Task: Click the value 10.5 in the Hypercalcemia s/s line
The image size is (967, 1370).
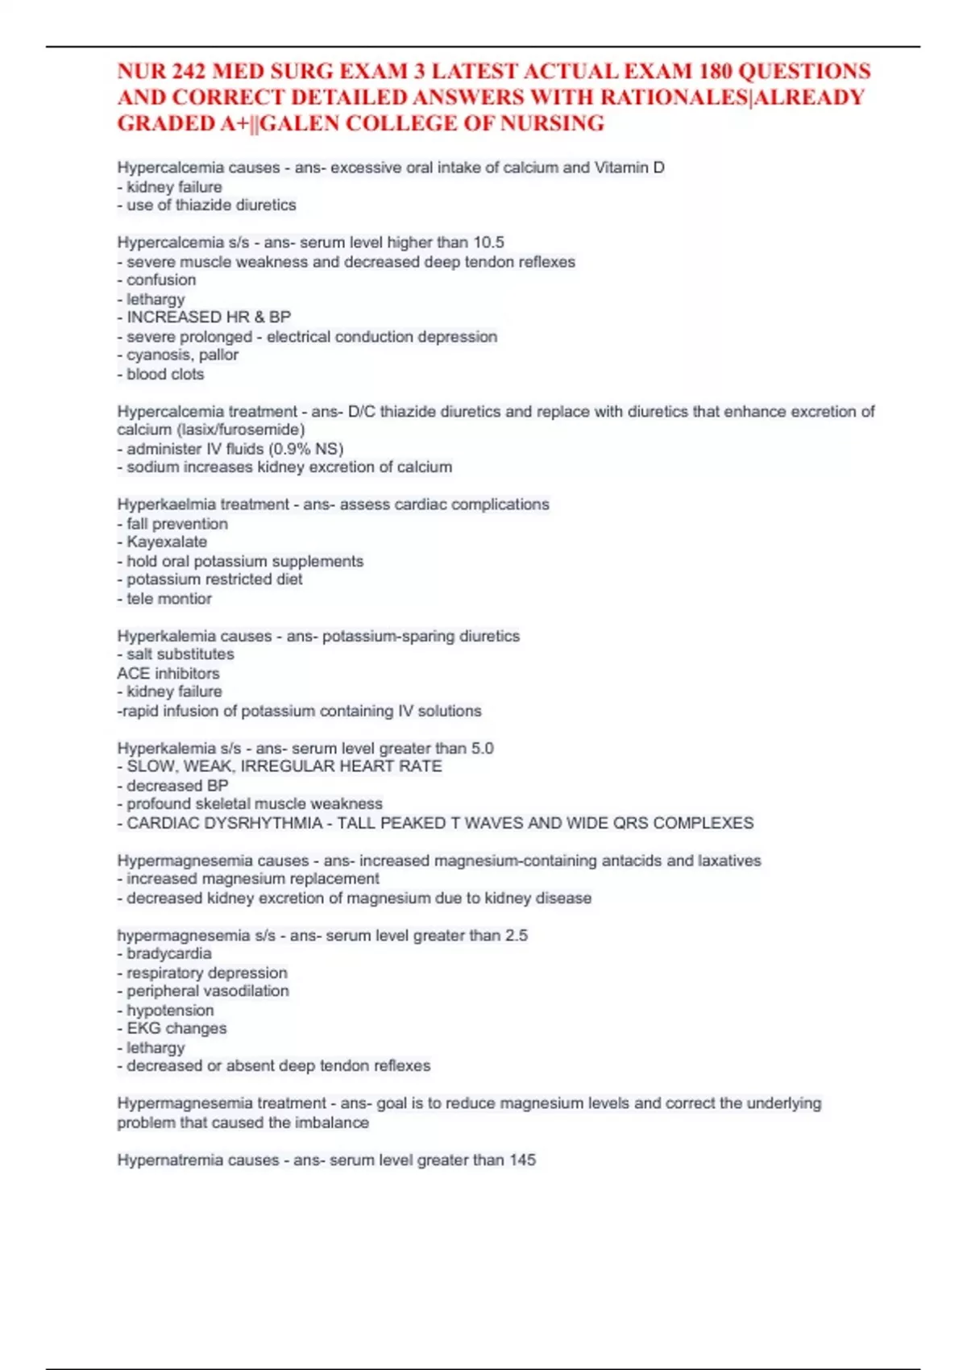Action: pyautogui.click(x=488, y=243)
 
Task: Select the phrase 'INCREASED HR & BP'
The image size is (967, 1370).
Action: pyautogui.click(x=209, y=318)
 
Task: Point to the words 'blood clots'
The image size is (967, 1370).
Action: pyautogui.click(x=165, y=375)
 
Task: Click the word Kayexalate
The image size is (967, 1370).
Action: pyautogui.click(x=167, y=542)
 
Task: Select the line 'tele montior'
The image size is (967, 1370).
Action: pyautogui.click(x=169, y=599)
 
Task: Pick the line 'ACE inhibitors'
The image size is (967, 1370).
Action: pyautogui.click(x=168, y=674)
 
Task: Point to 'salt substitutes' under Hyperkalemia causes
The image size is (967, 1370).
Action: pyautogui.click(x=181, y=654)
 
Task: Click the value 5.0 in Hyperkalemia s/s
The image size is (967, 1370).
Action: pyautogui.click(x=482, y=749)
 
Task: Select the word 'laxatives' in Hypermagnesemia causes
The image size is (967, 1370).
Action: pyautogui.click(x=729, y=861)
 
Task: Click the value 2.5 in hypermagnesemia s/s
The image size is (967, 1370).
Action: pyautogui.click(x=516, y=936)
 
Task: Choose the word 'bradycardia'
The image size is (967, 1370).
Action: pyautogui.click(x=169, y=954)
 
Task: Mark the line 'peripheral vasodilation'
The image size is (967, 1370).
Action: pyautogui.click(x=208, y=991)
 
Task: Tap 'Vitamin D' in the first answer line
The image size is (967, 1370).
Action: pyautogui.click(x=629, y=168)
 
